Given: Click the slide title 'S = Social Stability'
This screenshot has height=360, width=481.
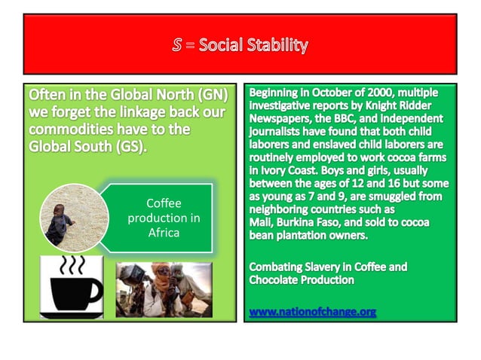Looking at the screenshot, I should (240, 45).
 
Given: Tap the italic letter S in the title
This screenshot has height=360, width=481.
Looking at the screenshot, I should (177, 45).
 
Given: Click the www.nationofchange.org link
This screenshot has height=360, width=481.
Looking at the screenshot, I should (312, 312).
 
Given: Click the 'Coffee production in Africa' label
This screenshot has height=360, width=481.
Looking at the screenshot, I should (164, 218).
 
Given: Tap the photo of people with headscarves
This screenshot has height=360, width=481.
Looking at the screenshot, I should (164, 290).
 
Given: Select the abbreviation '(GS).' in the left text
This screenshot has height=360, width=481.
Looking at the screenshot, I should (123, 146).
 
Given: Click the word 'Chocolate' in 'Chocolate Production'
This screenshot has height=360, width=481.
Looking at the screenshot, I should (277, 280).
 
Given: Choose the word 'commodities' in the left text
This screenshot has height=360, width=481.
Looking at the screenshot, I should (72, 130).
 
